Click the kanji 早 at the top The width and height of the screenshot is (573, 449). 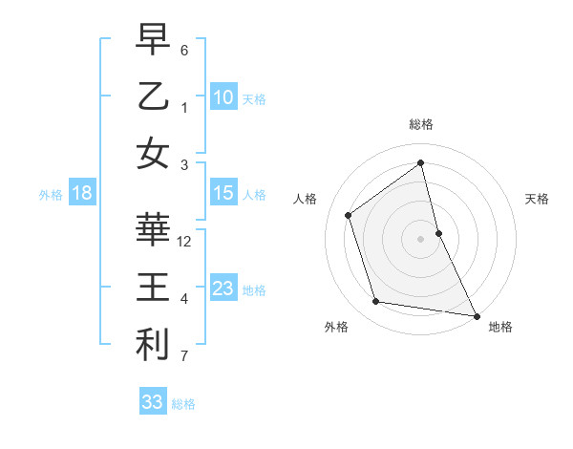(154, 40)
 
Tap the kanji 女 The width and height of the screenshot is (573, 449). (154, 154)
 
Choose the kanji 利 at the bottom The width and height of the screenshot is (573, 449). (154, 345)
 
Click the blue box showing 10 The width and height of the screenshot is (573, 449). (223, 96)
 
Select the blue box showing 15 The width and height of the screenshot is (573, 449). (223, 193)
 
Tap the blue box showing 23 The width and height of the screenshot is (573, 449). (223, 289)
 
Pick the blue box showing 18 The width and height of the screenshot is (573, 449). (82, 194)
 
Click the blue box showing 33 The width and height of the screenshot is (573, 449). (152, 402)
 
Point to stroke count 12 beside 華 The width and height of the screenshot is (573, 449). (184, 242)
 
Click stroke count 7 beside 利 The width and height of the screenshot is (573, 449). (184, 357)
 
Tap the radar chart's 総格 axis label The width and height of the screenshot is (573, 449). (421, 125)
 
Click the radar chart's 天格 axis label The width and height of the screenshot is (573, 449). (537, 199)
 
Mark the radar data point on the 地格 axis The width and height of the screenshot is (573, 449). (475, 314)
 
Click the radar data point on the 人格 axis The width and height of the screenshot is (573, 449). (349, 215)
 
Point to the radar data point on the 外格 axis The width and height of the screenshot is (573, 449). (376, 302)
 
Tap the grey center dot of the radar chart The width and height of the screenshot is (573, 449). (421, 238)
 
